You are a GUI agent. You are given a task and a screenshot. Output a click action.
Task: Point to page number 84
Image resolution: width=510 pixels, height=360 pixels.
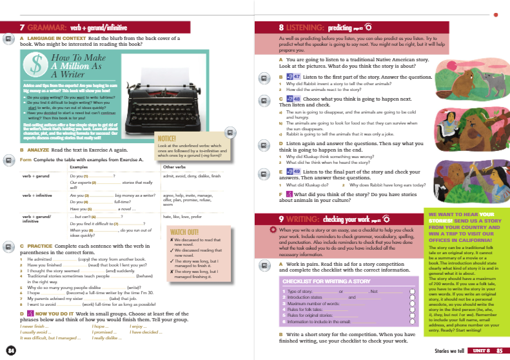tap(11, 350)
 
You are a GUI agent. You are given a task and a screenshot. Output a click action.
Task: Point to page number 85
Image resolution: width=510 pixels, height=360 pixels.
tap(499, 350)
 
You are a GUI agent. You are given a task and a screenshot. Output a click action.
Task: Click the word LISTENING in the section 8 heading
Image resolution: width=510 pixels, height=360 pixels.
tap(309, 28)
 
